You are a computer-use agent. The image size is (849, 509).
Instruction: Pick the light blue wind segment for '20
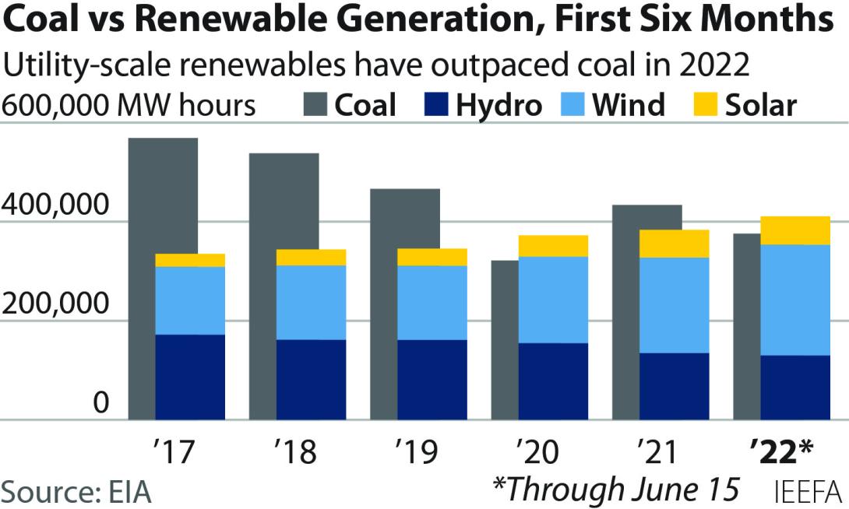tap(553, 300)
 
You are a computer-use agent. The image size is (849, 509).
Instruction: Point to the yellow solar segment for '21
tap(675, 244)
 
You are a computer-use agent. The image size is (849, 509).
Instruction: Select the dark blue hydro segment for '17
tap(190, 377)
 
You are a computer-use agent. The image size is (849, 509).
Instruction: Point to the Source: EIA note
tap(76, 492)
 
